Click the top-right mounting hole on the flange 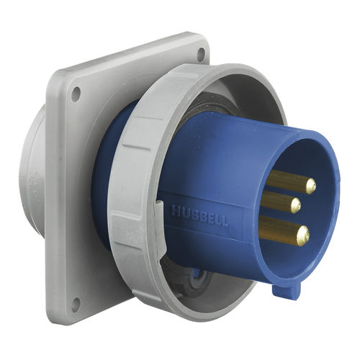click(x=199, y=52)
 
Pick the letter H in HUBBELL click(x=175, y=210)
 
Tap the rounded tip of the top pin click(x=310, y=186)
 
